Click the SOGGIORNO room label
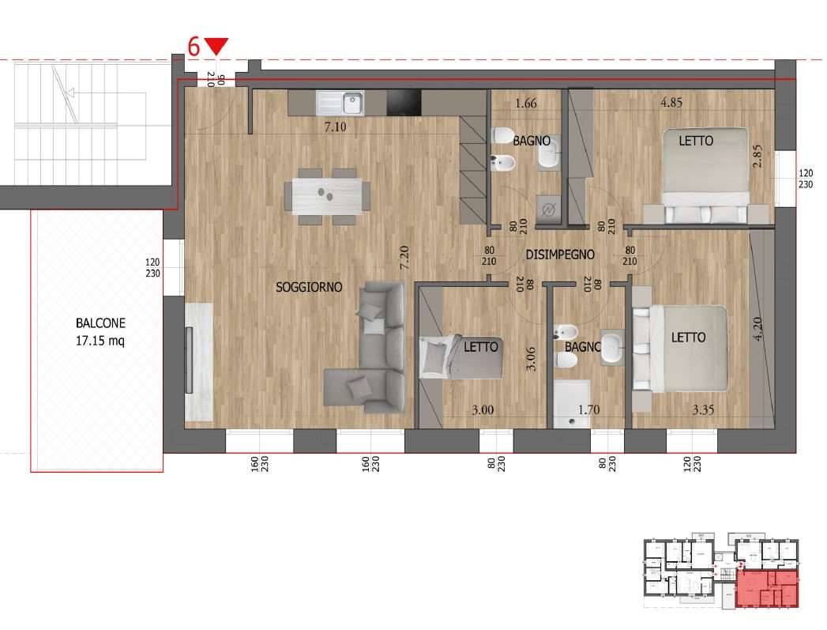309,287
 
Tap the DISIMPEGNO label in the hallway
559,255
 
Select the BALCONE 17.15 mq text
100,332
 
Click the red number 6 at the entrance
194,47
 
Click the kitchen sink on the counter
340,103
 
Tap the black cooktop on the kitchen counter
404,102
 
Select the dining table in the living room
327,197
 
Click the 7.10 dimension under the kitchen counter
336,126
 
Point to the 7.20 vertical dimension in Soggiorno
404,258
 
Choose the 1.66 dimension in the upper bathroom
526,103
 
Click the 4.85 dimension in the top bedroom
671,102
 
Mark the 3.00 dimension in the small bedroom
483,410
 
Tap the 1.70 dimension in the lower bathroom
588,409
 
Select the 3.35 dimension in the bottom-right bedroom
703,409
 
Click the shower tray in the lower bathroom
572,404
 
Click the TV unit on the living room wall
199,361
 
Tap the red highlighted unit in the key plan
768,589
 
